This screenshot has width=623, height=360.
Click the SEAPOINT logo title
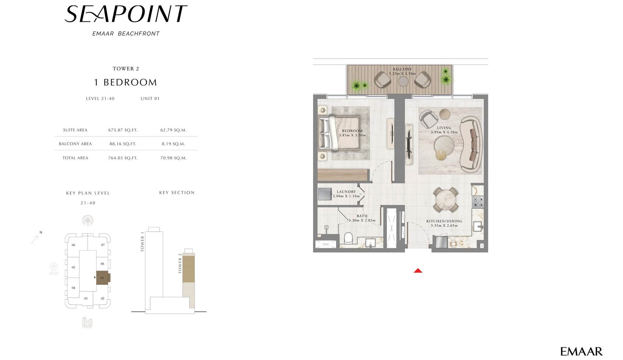126,14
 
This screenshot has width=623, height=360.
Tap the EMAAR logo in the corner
581,351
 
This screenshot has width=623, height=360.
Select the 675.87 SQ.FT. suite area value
123,130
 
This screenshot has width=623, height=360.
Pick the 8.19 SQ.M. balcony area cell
173,144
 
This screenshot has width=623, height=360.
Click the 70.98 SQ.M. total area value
173,158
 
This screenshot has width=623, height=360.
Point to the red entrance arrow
418,270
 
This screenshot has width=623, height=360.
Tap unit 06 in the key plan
74,245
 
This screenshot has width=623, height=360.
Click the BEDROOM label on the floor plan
352,131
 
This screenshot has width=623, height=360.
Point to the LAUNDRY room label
346,191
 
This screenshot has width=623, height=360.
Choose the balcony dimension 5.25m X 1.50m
402,74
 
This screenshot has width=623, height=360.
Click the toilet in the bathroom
348,238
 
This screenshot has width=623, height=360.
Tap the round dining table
445,200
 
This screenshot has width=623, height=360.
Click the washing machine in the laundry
325,194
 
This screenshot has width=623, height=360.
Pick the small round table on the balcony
403,81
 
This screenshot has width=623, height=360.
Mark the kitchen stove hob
478,202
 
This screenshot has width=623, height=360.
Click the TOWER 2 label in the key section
180,263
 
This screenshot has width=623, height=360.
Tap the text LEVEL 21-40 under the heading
100,98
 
